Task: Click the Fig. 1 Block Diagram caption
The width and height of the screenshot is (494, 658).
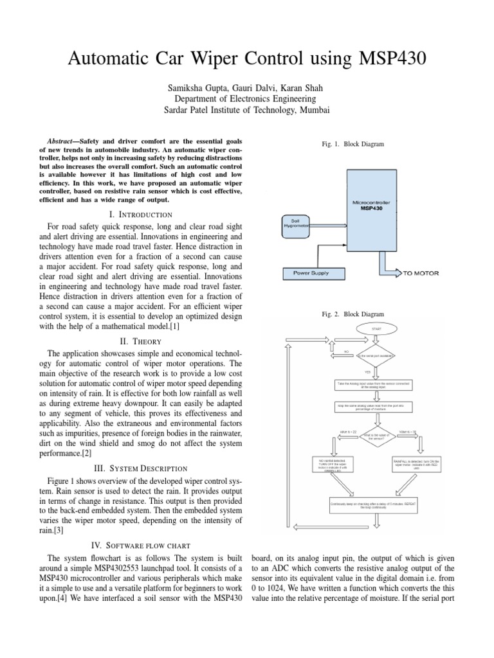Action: [x=352, y=145]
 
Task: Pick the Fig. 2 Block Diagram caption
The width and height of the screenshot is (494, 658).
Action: [x=352, y=314]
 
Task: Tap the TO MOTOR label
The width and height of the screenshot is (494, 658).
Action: [x=421, y=273]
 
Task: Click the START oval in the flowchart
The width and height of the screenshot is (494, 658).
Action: [x=376, y=328]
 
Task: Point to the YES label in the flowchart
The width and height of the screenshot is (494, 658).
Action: [x=368, y=371]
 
